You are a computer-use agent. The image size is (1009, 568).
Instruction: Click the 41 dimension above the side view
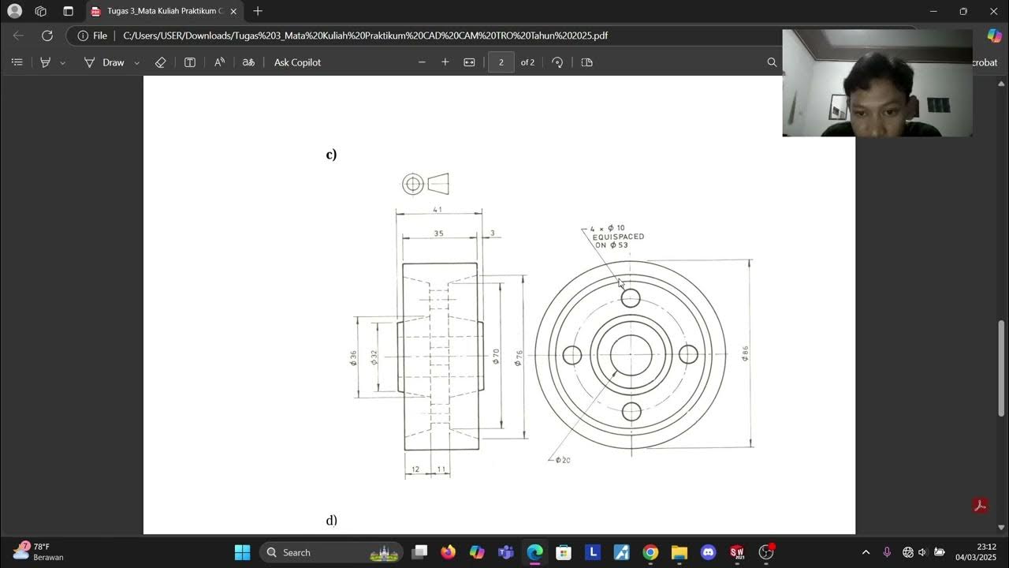tap(437, 210)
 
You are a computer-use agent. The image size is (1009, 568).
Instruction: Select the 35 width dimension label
tap(438, 234)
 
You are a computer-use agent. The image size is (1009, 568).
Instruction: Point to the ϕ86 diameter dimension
tap(745, 353)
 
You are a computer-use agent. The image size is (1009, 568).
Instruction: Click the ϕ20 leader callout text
tap(563, 460)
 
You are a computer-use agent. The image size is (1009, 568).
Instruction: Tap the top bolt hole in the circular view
tap(631, 298)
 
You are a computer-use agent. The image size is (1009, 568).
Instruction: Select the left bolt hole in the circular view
tap(572, 355)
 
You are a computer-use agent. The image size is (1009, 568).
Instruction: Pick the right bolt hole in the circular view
tap(688, 355)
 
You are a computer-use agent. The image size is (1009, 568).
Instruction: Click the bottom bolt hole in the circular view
tap(631, 412)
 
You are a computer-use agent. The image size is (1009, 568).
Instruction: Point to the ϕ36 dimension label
tap(354, 358)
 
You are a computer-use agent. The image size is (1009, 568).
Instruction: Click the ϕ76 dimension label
tap(519, 357)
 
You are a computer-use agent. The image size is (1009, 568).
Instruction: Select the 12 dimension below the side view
tap(415, 469)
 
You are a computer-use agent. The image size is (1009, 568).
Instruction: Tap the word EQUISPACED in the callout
tap(618, 237)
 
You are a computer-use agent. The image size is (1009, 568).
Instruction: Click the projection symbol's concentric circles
tap(413, 184)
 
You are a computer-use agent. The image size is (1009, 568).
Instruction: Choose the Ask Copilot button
tap(297, 62)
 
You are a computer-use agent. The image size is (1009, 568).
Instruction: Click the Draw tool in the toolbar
tap(113, 62)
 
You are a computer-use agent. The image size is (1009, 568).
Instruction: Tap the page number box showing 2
tap(501, 62)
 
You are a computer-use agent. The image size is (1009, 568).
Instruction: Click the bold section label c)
tap(331, 155)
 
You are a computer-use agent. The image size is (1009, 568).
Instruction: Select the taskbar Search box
tap(331, 552)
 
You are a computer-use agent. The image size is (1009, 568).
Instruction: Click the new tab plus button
tap(258, 11)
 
